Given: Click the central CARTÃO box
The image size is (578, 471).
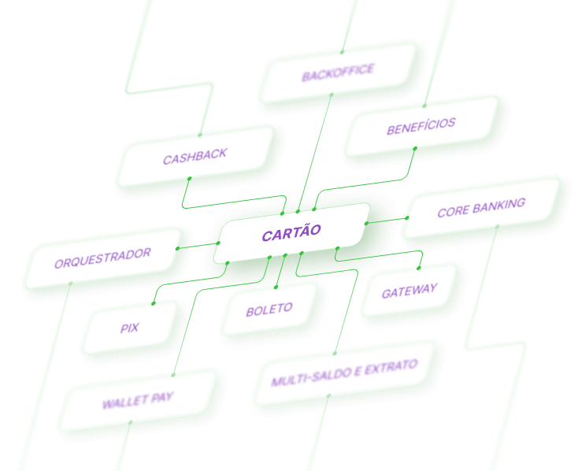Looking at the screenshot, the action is click(291, 232).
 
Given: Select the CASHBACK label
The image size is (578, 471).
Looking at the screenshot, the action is click(195, 157).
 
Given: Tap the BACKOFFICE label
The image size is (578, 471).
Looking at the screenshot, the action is click(338, 72).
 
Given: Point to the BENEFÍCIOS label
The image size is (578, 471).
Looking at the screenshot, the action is click(421, 126).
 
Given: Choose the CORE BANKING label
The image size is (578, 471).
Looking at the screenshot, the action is click(481, 207).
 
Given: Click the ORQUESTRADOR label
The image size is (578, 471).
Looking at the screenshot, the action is click(102, 258).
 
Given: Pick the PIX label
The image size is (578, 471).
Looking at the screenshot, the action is click(129, 328).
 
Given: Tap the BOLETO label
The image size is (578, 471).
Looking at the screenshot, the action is click(269, 310).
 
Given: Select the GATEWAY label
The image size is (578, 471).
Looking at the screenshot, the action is click(409, 291).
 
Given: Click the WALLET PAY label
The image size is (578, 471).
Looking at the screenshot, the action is click(138, 400).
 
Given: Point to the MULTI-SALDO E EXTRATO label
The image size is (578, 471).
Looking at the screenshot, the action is click(344, 373).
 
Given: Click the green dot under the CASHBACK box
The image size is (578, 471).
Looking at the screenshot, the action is click(190, 179).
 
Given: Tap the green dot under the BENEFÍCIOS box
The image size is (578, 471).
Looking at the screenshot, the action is click(415, 149).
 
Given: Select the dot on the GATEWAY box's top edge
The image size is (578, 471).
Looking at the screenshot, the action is click(419, 268).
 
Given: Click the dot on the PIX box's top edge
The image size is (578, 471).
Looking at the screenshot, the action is click(154, 303).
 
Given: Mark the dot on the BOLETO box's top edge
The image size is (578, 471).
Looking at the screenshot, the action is click(276, 287).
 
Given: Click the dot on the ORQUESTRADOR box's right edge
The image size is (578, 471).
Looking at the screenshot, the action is click(177, 249).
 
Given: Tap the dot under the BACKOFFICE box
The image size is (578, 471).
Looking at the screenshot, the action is click(332, 95).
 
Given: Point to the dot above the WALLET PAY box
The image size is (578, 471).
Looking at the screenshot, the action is click(173, 375).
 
